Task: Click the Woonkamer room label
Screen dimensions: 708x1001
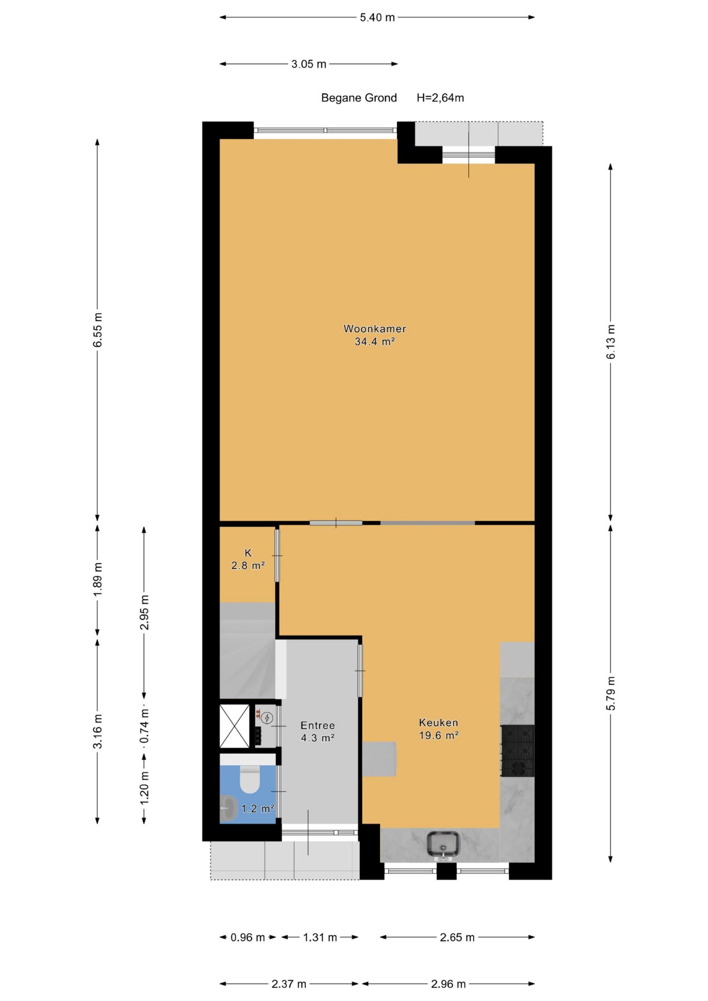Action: [x=374, y=329]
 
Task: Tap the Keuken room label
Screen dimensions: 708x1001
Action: [x=438, y=723]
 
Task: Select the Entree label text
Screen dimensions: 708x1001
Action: [x=318, y=725]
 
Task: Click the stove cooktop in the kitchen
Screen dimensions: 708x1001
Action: [x=518, y=751]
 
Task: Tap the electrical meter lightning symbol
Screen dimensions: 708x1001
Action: [x=266, y=718]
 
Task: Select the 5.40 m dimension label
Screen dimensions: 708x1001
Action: [x=377, y=18]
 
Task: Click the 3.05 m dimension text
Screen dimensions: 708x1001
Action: [x=309, y=64]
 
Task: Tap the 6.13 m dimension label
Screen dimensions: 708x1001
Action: [x=611, y=341]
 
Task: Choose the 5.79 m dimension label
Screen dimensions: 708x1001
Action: [x=611, y=693]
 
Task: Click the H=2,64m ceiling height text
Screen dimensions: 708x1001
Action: [x=440, y=98]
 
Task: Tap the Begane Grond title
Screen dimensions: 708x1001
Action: [x=359, y=98]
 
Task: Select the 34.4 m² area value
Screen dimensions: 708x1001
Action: [x=375, y=341]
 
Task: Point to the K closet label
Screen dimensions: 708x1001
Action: [x=248, y=553]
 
